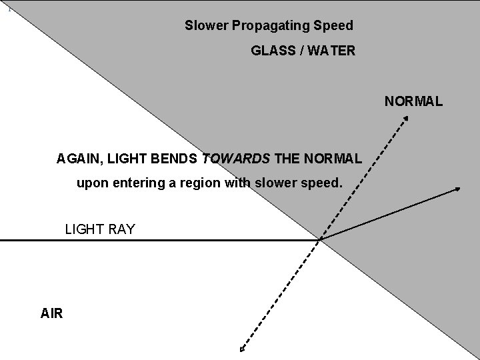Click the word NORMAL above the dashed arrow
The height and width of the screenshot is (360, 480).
(413, 102)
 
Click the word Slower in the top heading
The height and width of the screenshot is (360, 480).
(206, 26)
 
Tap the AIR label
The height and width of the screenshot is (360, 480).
(52, 313)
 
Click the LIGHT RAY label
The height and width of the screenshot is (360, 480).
(100, 229)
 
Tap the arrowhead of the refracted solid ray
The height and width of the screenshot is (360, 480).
(458, 189)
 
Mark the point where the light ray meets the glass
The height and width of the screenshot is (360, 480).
(321, 239)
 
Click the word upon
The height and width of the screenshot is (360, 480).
(91, 182)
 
